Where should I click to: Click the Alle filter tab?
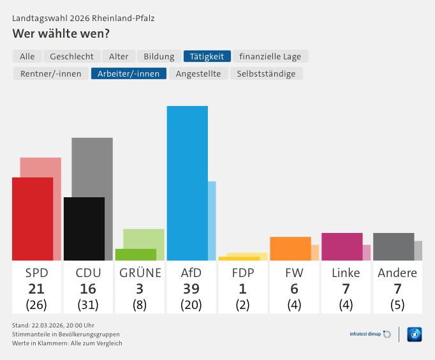[27, 56]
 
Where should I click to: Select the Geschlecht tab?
[71, 56]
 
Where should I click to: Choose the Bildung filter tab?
[159, 56]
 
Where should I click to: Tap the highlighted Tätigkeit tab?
[207, 56]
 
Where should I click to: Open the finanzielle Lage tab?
[270, 56]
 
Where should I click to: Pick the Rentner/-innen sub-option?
[50, 73]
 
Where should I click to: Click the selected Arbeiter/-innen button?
[129, 73]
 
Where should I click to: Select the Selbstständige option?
[266, 73]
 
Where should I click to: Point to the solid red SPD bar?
[33, 219]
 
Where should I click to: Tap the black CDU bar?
[84, 229]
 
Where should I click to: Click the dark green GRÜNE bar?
[135, 255]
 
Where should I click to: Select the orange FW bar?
[290, 248]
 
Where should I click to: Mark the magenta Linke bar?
[342, 246]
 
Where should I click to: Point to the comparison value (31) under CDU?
[87, 304]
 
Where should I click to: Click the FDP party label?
[242, 273]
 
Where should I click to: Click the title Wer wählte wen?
[61, 33]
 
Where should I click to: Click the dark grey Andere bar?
[394, 246]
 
